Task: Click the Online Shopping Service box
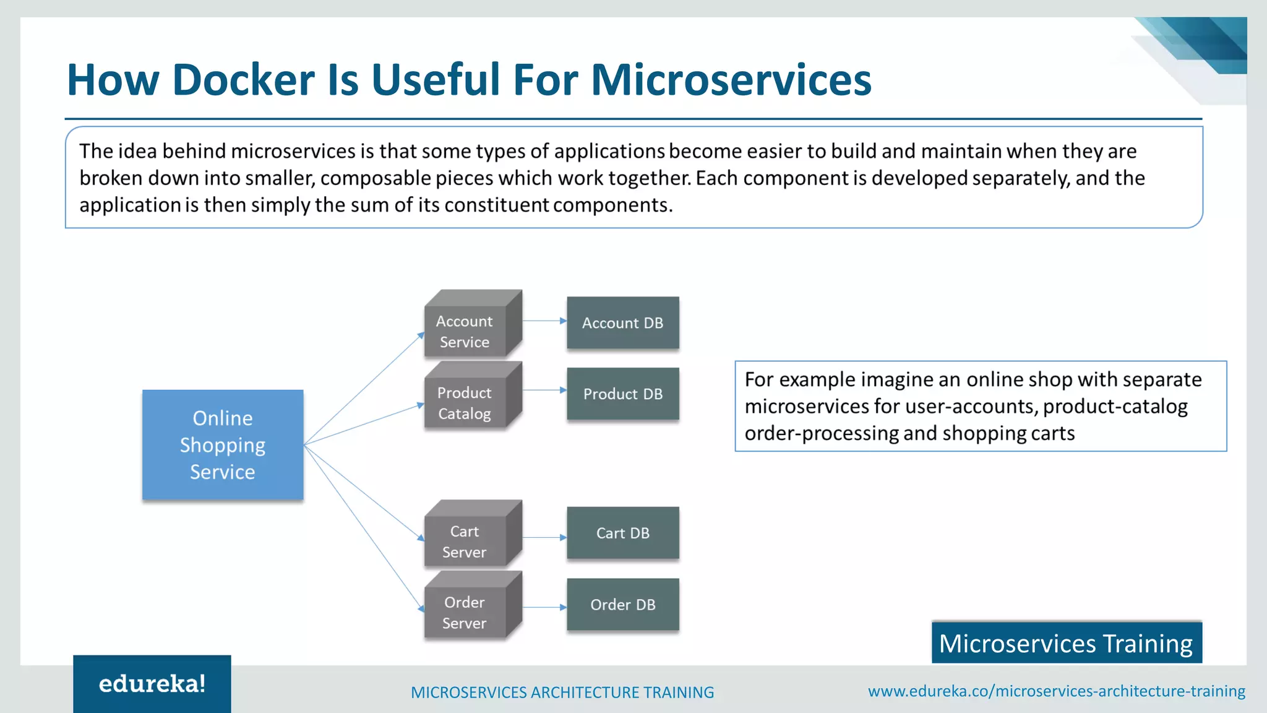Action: click(223, 444)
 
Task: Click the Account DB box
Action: click(622, 323)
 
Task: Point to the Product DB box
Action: click(622, 394)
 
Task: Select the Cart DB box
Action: click(622, 533)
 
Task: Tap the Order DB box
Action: click(622, 605)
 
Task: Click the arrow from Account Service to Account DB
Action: click(544, 321)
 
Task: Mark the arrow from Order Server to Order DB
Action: click(544, 607)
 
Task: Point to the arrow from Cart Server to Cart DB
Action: click(544, 537)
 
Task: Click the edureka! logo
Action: click(152, 684)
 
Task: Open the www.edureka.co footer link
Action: click(1056, 691)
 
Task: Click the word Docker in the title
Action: click(244, 80)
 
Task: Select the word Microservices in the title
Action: click(731, 80)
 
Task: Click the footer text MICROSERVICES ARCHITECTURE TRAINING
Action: click(562, 692)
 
